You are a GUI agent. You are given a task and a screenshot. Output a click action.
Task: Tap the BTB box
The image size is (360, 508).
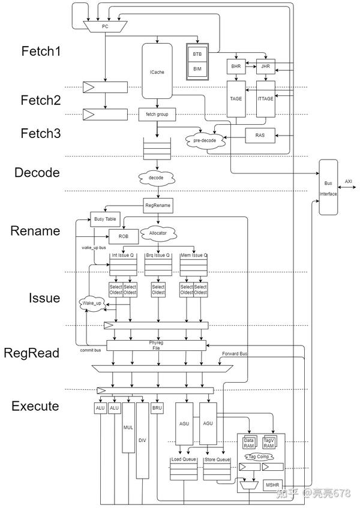click(197, 54)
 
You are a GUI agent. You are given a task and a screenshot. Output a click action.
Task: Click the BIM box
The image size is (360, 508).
click(197, 69)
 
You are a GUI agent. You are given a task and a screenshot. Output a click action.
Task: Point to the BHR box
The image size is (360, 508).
click(236, 68)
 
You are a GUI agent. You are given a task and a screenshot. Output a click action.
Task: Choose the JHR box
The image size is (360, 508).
click(265, 68)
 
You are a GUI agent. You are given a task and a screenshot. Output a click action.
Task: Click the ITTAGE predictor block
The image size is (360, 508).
click(265, 98)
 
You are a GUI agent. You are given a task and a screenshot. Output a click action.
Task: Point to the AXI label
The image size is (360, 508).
click(349, 181)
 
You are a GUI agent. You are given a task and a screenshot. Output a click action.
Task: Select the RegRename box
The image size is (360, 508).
click(158, 206)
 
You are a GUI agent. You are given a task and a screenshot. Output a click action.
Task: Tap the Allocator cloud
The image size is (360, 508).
click(158, 232)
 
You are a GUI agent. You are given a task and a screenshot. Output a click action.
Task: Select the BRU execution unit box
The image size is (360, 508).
click(158, 408)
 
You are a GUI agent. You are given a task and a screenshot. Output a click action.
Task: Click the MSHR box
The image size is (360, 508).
click(272, 484)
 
